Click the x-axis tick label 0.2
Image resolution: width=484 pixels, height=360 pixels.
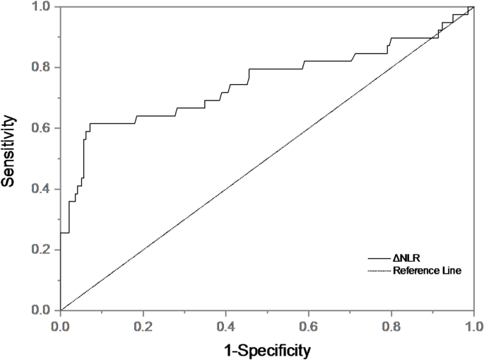pos(143,325)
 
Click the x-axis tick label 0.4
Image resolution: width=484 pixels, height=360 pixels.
pos(226,325)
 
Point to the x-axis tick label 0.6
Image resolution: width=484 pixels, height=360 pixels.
pos(309,325)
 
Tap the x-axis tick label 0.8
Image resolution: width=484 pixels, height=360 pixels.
pos(391,325)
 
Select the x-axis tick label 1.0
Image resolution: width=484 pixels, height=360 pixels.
pos(473,325)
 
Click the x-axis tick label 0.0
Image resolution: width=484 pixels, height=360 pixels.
pos(61,325)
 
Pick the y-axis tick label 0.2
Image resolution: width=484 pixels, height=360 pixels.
pos(42,250)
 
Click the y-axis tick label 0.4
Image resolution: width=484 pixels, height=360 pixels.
pos(42,189)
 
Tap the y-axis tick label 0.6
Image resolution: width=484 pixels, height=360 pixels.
pos(42,128)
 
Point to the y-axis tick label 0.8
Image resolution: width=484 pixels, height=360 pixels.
pos(42,67)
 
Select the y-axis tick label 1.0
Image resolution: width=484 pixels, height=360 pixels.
pos(42,7)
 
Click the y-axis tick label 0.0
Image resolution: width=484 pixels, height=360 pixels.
pos(42,310)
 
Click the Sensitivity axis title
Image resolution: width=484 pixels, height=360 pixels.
pos(10,158)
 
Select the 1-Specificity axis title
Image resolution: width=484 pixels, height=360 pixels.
pos(267,349)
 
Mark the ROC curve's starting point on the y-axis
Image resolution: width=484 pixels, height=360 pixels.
pos(61,233)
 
